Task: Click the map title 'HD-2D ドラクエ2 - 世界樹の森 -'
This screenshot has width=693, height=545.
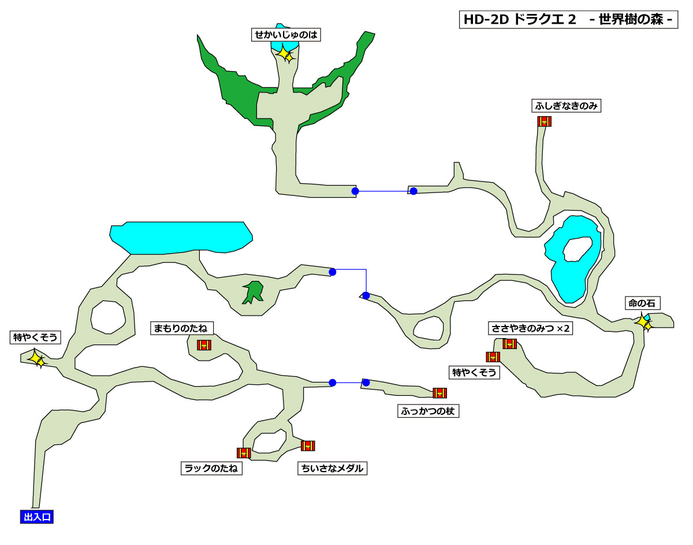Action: (x=568, y=19)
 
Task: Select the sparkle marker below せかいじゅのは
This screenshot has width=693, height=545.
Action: (x=285, y=55)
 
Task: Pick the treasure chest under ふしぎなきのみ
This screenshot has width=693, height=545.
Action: (x=544, y=121)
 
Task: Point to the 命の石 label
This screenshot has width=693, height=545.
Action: (x=643, y=303)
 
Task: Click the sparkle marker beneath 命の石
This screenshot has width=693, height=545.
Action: (x=644, y=323)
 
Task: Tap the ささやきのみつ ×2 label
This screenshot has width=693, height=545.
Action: (x=531, y=328)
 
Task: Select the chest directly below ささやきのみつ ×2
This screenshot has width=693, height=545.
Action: (x=509, y=344)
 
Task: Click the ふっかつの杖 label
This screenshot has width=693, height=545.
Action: (x=429, y=411)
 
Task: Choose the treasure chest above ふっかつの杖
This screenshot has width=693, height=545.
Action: (x=440, y=393)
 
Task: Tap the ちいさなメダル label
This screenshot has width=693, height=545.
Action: (x=332, y=468)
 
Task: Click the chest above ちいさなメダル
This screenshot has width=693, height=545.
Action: (x=308, y=446)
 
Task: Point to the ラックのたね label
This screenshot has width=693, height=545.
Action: (x=211, y=468)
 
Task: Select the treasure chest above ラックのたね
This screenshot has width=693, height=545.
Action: (x=244, y=453)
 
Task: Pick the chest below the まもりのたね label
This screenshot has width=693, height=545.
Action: (x=204, y=345)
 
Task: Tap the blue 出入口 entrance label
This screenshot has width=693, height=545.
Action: (x=36, y=517)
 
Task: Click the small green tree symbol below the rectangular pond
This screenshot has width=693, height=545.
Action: (x=253, y=292)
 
